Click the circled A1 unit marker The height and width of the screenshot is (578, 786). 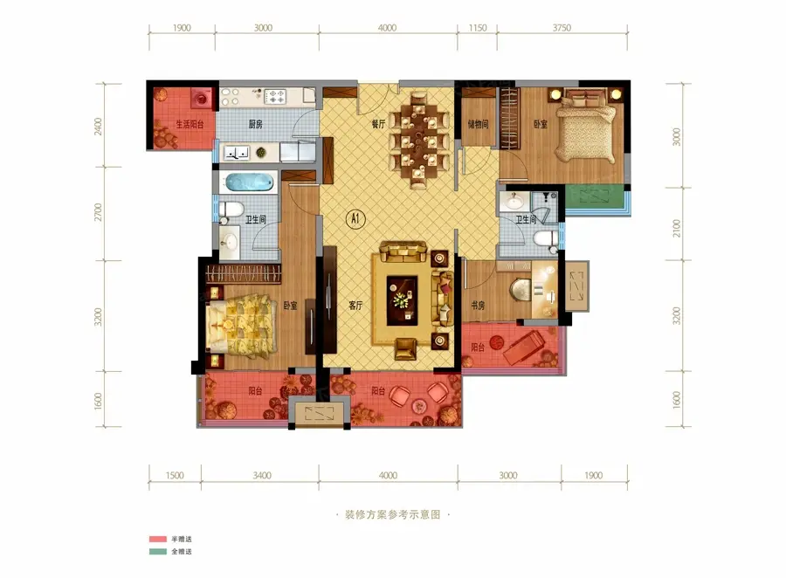tap(355, 218)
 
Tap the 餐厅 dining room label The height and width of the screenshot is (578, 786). tap(379, 123)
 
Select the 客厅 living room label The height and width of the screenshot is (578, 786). tap(356, 305)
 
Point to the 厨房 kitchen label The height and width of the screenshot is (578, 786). tap(256, 124)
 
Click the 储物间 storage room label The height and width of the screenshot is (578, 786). tap(479, 124)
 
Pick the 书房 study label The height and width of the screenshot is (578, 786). tap(478, 305)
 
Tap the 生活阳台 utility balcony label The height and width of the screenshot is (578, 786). tap(190, 124)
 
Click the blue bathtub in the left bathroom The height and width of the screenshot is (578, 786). tap(249, 182)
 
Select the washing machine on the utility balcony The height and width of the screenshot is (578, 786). tap(202, 99)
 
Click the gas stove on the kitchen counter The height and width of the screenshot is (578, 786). tap(275, 96)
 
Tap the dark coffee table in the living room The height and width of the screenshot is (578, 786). tap(402, 300)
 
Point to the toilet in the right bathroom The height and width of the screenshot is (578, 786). tap(545, 239)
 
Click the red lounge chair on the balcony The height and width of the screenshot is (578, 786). tap(524, 347)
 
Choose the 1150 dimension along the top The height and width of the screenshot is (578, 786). tap(478, 28)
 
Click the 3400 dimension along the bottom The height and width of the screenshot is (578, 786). tap(262, 475)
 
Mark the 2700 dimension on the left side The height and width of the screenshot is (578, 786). tap(98, 212)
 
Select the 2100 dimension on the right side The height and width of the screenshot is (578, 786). tap(677, 228)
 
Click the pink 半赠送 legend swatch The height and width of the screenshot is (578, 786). tap(158, 539)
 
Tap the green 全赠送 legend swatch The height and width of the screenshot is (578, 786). tap(158, 552)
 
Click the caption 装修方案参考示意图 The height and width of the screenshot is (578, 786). tap(392, 514)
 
